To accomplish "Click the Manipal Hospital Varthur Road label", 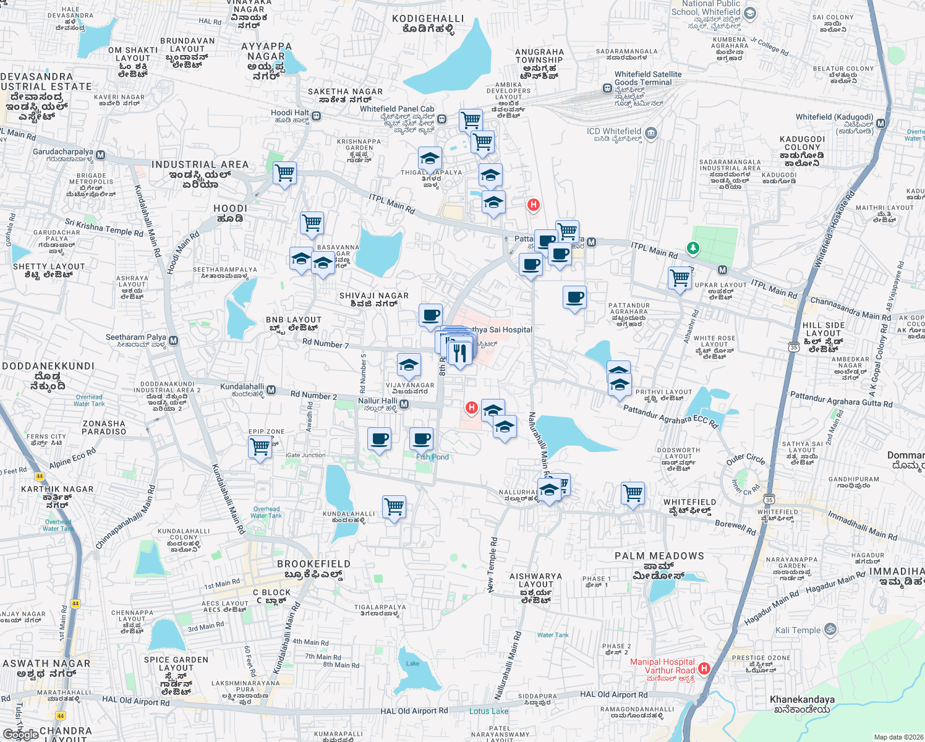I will (662, 666).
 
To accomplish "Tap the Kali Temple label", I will (798, 631).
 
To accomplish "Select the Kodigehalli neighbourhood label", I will (428, 23).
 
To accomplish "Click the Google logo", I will (20, 735).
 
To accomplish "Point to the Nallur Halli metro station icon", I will (404, 404).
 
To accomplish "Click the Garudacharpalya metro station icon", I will (101, 155).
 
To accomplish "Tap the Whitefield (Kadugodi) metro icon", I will (881, 124).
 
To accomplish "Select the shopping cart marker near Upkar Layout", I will (680, 278).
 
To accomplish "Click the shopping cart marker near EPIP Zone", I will (260, 446).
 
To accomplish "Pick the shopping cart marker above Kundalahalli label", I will (394, 506).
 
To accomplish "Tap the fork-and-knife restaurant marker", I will (459, 354).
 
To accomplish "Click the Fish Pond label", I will (432, 457).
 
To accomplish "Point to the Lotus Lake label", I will (488, 711).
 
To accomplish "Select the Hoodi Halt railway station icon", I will (316, 116).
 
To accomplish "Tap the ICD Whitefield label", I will (614, 132).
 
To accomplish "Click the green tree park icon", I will (693, 249).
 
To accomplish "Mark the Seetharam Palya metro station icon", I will (174, 341).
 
